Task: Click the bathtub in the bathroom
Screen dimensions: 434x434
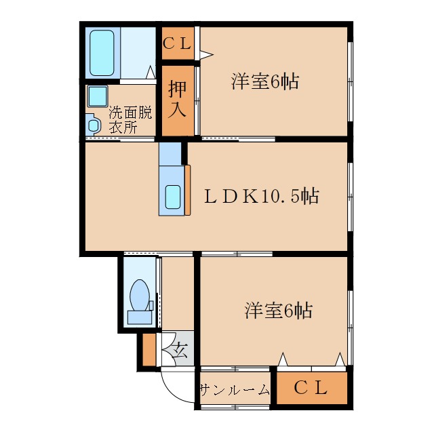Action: tap(102, 53)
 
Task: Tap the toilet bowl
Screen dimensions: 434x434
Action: tap(139, 295)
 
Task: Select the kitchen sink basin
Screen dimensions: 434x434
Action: tap(173, 197)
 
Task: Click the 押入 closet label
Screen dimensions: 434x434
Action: tap(178, 99)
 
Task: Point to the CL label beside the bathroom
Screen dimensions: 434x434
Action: tap(177, 43)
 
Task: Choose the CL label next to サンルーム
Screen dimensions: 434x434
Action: tap(311, 387)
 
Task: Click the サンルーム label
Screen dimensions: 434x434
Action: tap(235, 389)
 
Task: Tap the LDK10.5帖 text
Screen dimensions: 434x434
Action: tap(261, 196)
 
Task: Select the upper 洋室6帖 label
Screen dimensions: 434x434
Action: tap(265, 81)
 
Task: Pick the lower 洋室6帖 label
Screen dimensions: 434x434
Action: tap(279, 310)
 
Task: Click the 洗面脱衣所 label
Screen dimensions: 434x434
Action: tap(130, 120)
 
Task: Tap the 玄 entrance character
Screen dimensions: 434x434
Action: tap(180, 351)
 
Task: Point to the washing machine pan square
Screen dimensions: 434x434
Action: tap(98, 96)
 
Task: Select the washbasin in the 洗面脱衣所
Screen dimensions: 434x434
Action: tap(94, 125)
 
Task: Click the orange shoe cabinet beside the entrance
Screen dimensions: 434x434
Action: tap(149, 350)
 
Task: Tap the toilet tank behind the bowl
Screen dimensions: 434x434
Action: tap(140, 317)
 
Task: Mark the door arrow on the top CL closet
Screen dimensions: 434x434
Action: tap(206, 54)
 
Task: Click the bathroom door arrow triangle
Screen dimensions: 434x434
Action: tap(151, 72)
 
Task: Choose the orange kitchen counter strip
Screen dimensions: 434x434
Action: tap(187, 190)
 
